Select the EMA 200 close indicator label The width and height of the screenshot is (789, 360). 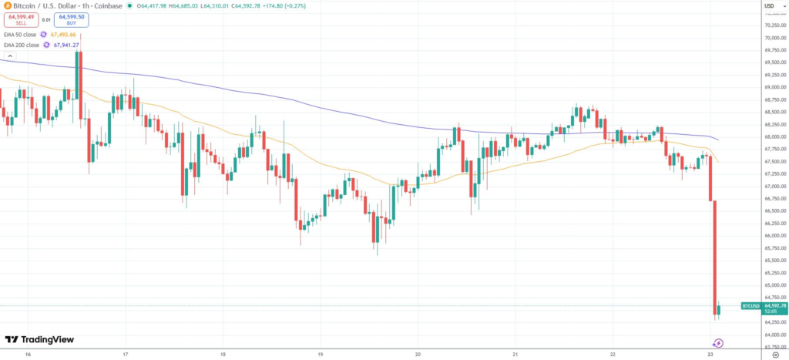coord(22,45)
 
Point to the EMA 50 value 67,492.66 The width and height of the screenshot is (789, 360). coord(63,35)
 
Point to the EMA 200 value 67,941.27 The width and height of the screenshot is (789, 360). coord(67,45)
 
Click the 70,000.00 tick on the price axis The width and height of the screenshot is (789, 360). coord(774,38)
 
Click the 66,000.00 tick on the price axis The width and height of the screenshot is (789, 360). coord(774,236)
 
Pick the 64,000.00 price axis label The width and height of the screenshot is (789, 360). coord(774,335)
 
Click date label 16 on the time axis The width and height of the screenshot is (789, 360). coord(28,355)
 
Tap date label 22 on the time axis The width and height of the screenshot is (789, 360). coord(612,355)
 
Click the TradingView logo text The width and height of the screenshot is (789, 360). coord(47,339)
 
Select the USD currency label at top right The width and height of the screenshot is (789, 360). coord(768,6)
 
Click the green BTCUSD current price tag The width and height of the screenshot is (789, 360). coord(751,306)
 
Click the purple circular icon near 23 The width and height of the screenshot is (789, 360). coord(718,343)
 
